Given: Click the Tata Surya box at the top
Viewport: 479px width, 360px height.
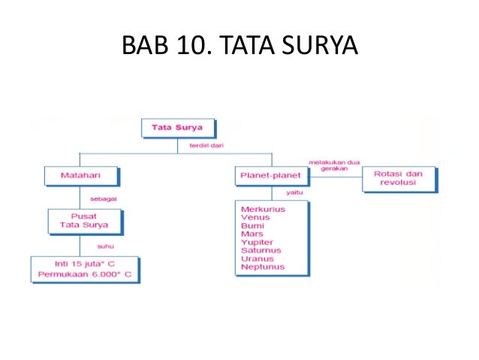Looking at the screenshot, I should (178, 128).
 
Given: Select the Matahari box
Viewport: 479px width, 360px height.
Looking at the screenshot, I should (80, 177).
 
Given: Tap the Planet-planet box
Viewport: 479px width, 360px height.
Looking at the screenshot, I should (272, 177).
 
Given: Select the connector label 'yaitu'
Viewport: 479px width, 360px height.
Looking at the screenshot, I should (283, 193).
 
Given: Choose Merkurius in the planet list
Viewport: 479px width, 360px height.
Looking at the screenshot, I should (263, 209).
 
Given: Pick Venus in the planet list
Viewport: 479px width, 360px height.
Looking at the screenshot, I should (255, 217).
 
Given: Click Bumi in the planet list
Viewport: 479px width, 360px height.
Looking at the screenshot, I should (252, 225).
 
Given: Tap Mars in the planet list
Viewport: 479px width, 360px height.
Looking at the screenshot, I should (252, 234).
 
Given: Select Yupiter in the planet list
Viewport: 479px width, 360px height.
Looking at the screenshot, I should (257, 242).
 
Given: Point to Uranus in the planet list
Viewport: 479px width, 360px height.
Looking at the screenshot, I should (258, 259).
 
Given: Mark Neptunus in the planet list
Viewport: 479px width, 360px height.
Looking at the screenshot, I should (262, 267).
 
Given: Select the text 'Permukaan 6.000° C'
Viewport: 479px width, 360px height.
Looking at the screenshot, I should (85, 275).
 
